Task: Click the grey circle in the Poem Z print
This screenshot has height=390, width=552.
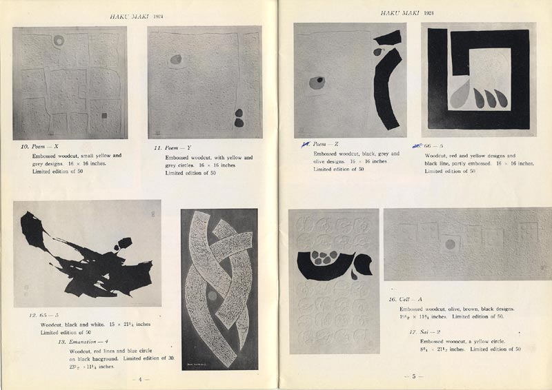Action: pos(317,83)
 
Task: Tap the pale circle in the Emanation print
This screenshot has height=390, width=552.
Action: pos(213,296)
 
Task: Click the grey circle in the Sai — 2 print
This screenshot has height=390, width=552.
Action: pos(451,244)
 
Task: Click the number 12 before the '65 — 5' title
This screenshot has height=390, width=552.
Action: pos(32,315)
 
